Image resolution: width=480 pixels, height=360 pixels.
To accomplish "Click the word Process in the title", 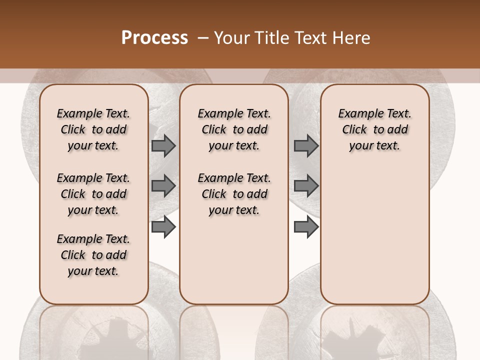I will coord(154,38).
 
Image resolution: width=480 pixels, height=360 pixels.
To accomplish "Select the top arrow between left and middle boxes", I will coord(163,145).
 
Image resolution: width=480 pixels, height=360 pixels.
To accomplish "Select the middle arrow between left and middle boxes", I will coord(163,186).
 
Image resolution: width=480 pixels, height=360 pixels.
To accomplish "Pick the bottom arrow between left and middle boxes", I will coord(163,227).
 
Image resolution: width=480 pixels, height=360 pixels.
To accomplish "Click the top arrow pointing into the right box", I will coord(306,145).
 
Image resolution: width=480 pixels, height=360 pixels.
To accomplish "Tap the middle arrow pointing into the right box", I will coord(306,186).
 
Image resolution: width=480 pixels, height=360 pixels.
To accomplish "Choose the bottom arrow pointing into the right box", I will coord(306,227).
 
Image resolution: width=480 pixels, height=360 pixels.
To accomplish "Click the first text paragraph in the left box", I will coord(93,129).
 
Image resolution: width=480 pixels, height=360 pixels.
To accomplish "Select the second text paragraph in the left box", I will coord(93,194).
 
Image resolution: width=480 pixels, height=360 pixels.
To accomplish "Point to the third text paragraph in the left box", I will coord(93,255).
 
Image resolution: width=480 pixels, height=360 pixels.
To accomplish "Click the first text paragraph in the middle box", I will coord(234,129).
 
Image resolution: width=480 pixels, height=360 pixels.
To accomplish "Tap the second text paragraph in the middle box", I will coord(234,194).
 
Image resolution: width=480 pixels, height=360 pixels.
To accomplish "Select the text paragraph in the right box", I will coord(374,129).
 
